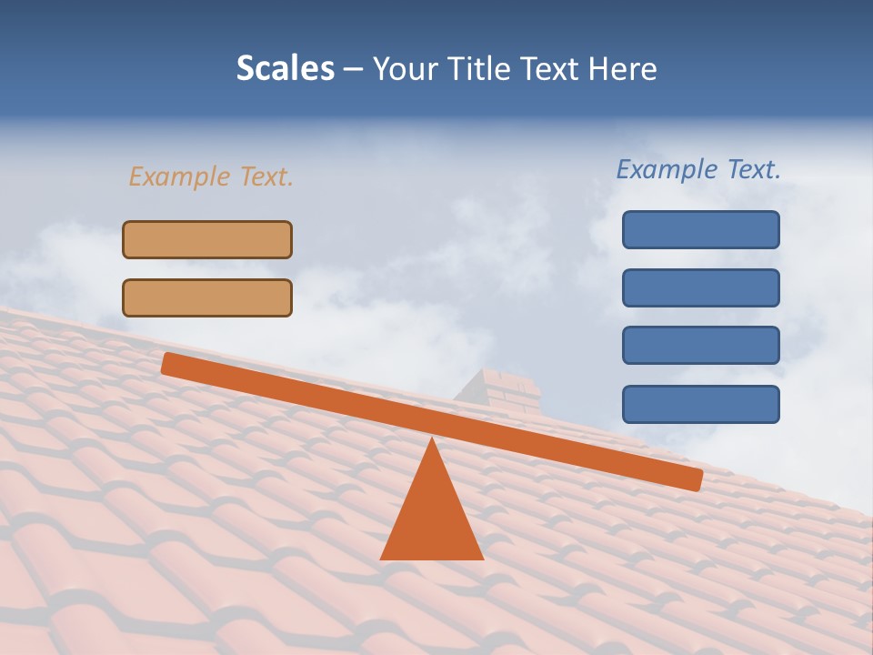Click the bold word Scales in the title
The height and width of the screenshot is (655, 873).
(285, 69)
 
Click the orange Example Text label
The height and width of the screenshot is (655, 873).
(211, 176)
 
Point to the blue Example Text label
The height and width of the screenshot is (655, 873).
(698, 169)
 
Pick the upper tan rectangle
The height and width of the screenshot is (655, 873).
(207, 239)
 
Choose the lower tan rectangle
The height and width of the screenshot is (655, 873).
(207, 297)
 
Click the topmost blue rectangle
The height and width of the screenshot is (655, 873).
(700, 229)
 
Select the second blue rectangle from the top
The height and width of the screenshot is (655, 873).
(700, 287)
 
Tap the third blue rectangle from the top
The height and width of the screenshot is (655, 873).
(700, 346)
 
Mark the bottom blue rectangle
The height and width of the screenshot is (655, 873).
(700, 404)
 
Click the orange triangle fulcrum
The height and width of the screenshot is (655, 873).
(432, 514)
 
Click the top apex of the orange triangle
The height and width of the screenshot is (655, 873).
(432, 440)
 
